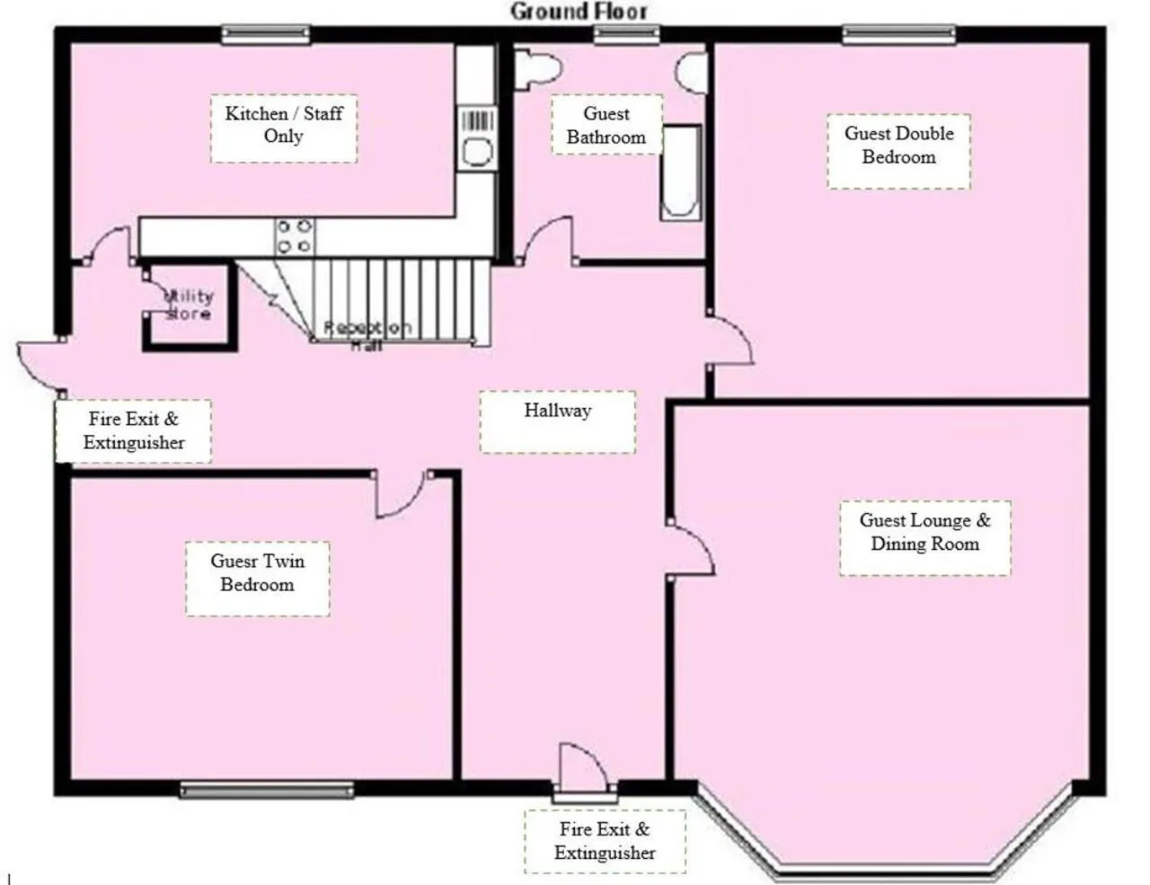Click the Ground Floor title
579,12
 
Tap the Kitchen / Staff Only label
283,125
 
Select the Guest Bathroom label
606,126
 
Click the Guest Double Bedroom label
898,146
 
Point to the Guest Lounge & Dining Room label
924,533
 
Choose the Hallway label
557,412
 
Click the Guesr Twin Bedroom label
257,573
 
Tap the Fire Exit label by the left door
134,430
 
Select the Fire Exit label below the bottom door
605,841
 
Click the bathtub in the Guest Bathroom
681,173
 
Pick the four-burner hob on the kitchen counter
295,236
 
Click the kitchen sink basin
477,152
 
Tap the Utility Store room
190,305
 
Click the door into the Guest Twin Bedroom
402,496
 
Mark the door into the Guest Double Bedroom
730,340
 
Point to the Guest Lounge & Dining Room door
692,550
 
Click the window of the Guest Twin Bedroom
267,790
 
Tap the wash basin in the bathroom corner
693,72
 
